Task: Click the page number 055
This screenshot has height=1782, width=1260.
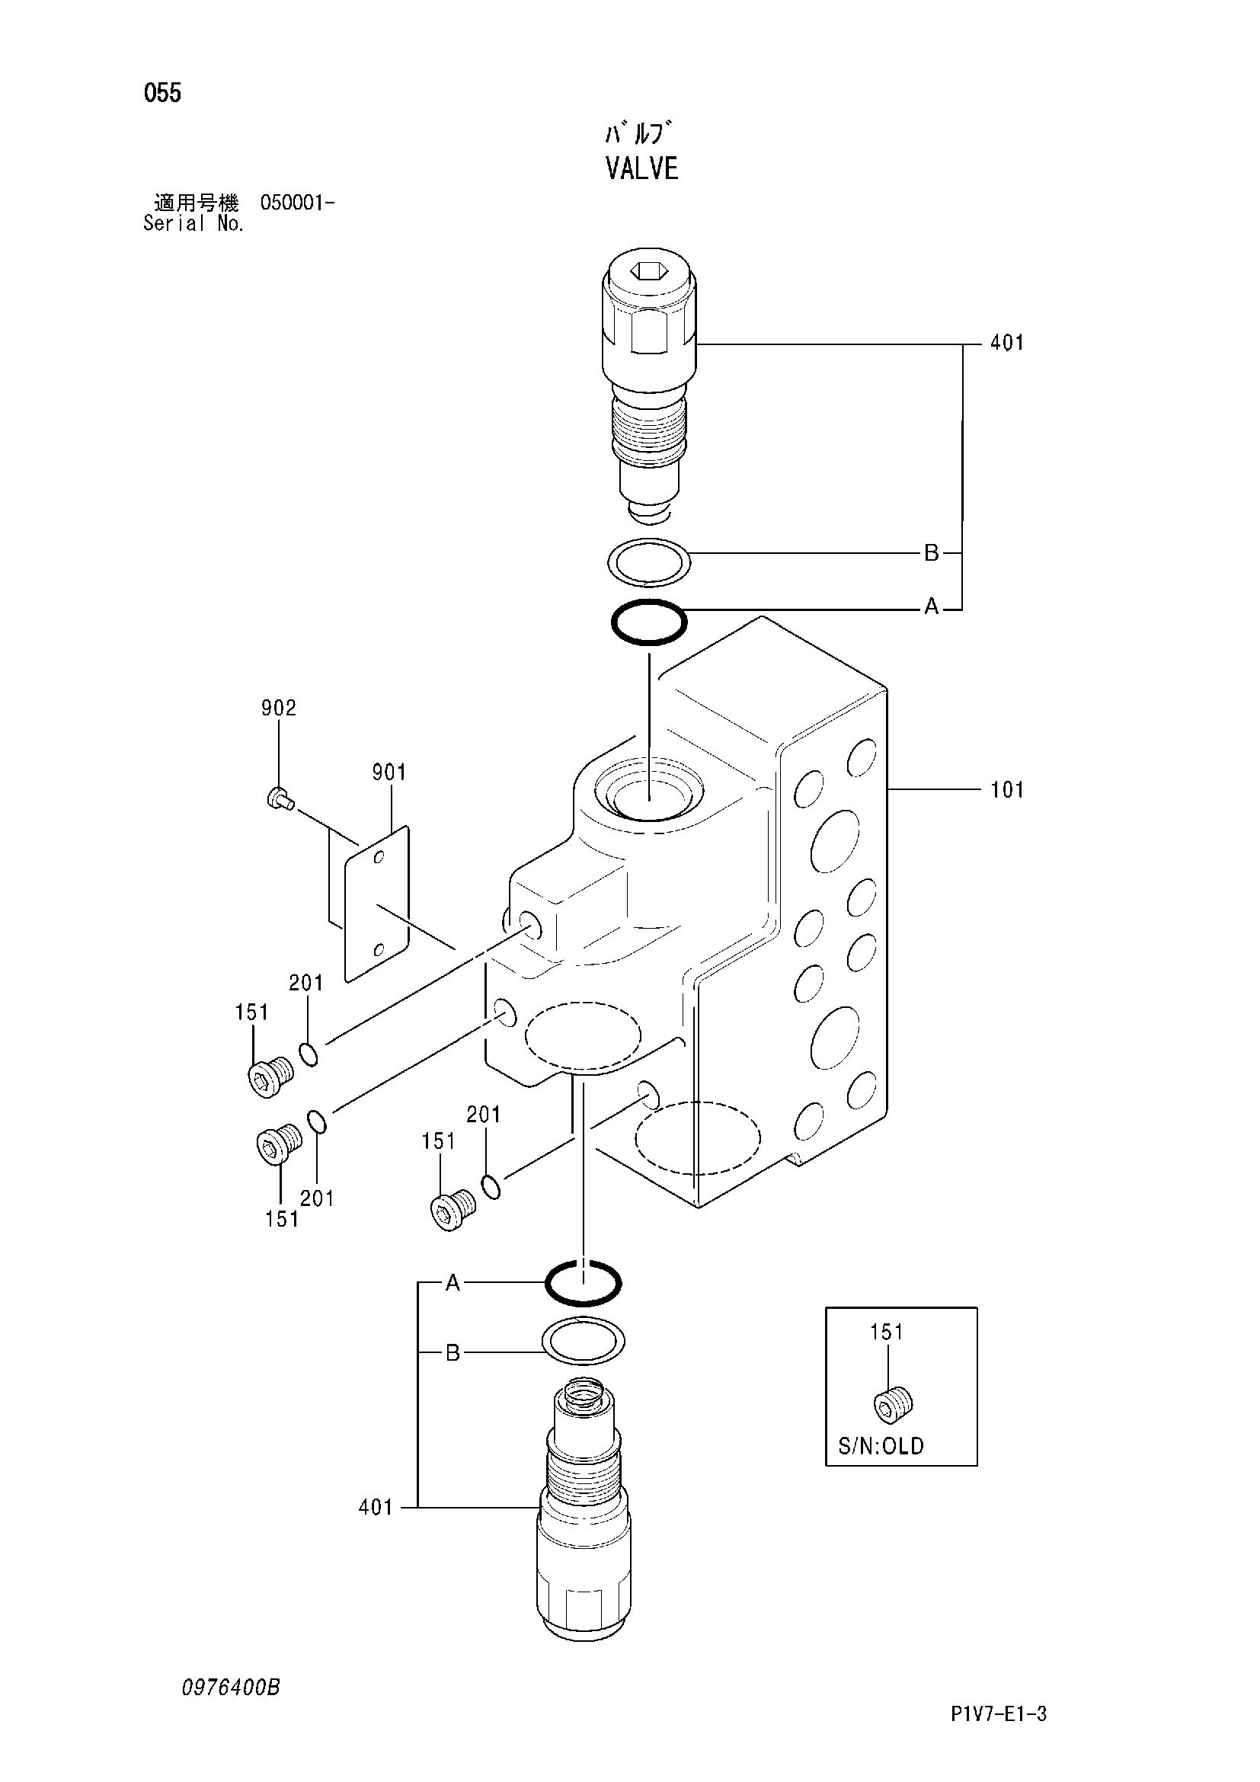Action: click(x=162, y=94)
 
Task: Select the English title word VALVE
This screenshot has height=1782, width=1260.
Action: click(x=641, y=168)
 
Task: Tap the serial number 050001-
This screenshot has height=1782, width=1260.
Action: click(x=297, y=203)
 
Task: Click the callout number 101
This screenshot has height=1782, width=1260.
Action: click(x=1007, y=790)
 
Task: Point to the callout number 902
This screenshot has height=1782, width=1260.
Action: click(x=279, y=708)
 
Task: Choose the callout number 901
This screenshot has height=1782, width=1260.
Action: click(x=389, y=773)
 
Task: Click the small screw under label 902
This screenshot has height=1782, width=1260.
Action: click(x=279, y=798)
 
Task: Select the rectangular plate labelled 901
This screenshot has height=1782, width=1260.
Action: click(x=376, y=904)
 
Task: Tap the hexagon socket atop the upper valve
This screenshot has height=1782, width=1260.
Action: click(x=650, y=271)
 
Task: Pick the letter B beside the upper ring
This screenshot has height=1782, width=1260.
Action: click(x=931, y=553)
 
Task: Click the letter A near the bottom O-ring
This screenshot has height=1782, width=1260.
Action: click(x=453, y=1284)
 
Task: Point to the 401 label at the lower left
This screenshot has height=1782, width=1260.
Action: click(x=376, y=1507)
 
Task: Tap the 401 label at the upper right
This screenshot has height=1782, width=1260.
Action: click(x=1007, y=343)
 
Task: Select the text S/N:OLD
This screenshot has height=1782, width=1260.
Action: click(x=881, y=1447)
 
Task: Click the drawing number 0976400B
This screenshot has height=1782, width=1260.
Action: click(x=230, y=1688)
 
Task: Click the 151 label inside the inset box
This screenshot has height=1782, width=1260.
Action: click(x=887, y=1333)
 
